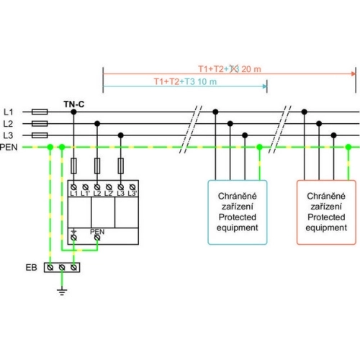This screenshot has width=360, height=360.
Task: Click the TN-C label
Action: click(x=74, y=104)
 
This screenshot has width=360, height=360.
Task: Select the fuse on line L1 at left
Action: click(x=40, y=112)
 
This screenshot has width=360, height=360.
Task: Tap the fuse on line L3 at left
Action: click(x=40, y=135)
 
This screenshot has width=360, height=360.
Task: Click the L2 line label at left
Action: click(x=8, y=124)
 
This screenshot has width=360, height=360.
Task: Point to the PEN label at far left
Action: click(x=9, y=147)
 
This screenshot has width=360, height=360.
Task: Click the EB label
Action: click(x=32, y=267)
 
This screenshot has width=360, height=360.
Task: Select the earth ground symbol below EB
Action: click(x=62, y=292)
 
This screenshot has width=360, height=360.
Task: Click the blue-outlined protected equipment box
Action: click(x=238, y=212)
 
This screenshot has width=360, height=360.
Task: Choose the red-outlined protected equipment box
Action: click(x=326, y=212)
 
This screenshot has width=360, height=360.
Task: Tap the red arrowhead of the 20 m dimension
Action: click(x=354, y=73)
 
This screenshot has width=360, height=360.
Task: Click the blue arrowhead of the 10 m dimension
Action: click(x=265, y=86)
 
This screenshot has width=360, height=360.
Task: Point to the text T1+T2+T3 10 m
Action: click(x=185, y=82)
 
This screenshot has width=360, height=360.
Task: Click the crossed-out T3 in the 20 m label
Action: click(x=235, y=69)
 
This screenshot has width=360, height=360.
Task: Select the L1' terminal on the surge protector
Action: click(x=86, y=187)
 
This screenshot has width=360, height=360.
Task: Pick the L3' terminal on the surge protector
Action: click(x=132, y=187)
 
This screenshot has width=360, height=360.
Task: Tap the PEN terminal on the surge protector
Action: click(x=97, y=238)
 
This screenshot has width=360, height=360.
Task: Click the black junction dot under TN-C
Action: click(x=73, y=112)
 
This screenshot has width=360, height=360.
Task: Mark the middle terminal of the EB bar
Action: click(x=62, y=267)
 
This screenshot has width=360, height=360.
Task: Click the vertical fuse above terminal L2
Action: click(x=97, y=166)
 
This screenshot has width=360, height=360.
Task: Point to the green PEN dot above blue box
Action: click(x=259, y=147)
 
